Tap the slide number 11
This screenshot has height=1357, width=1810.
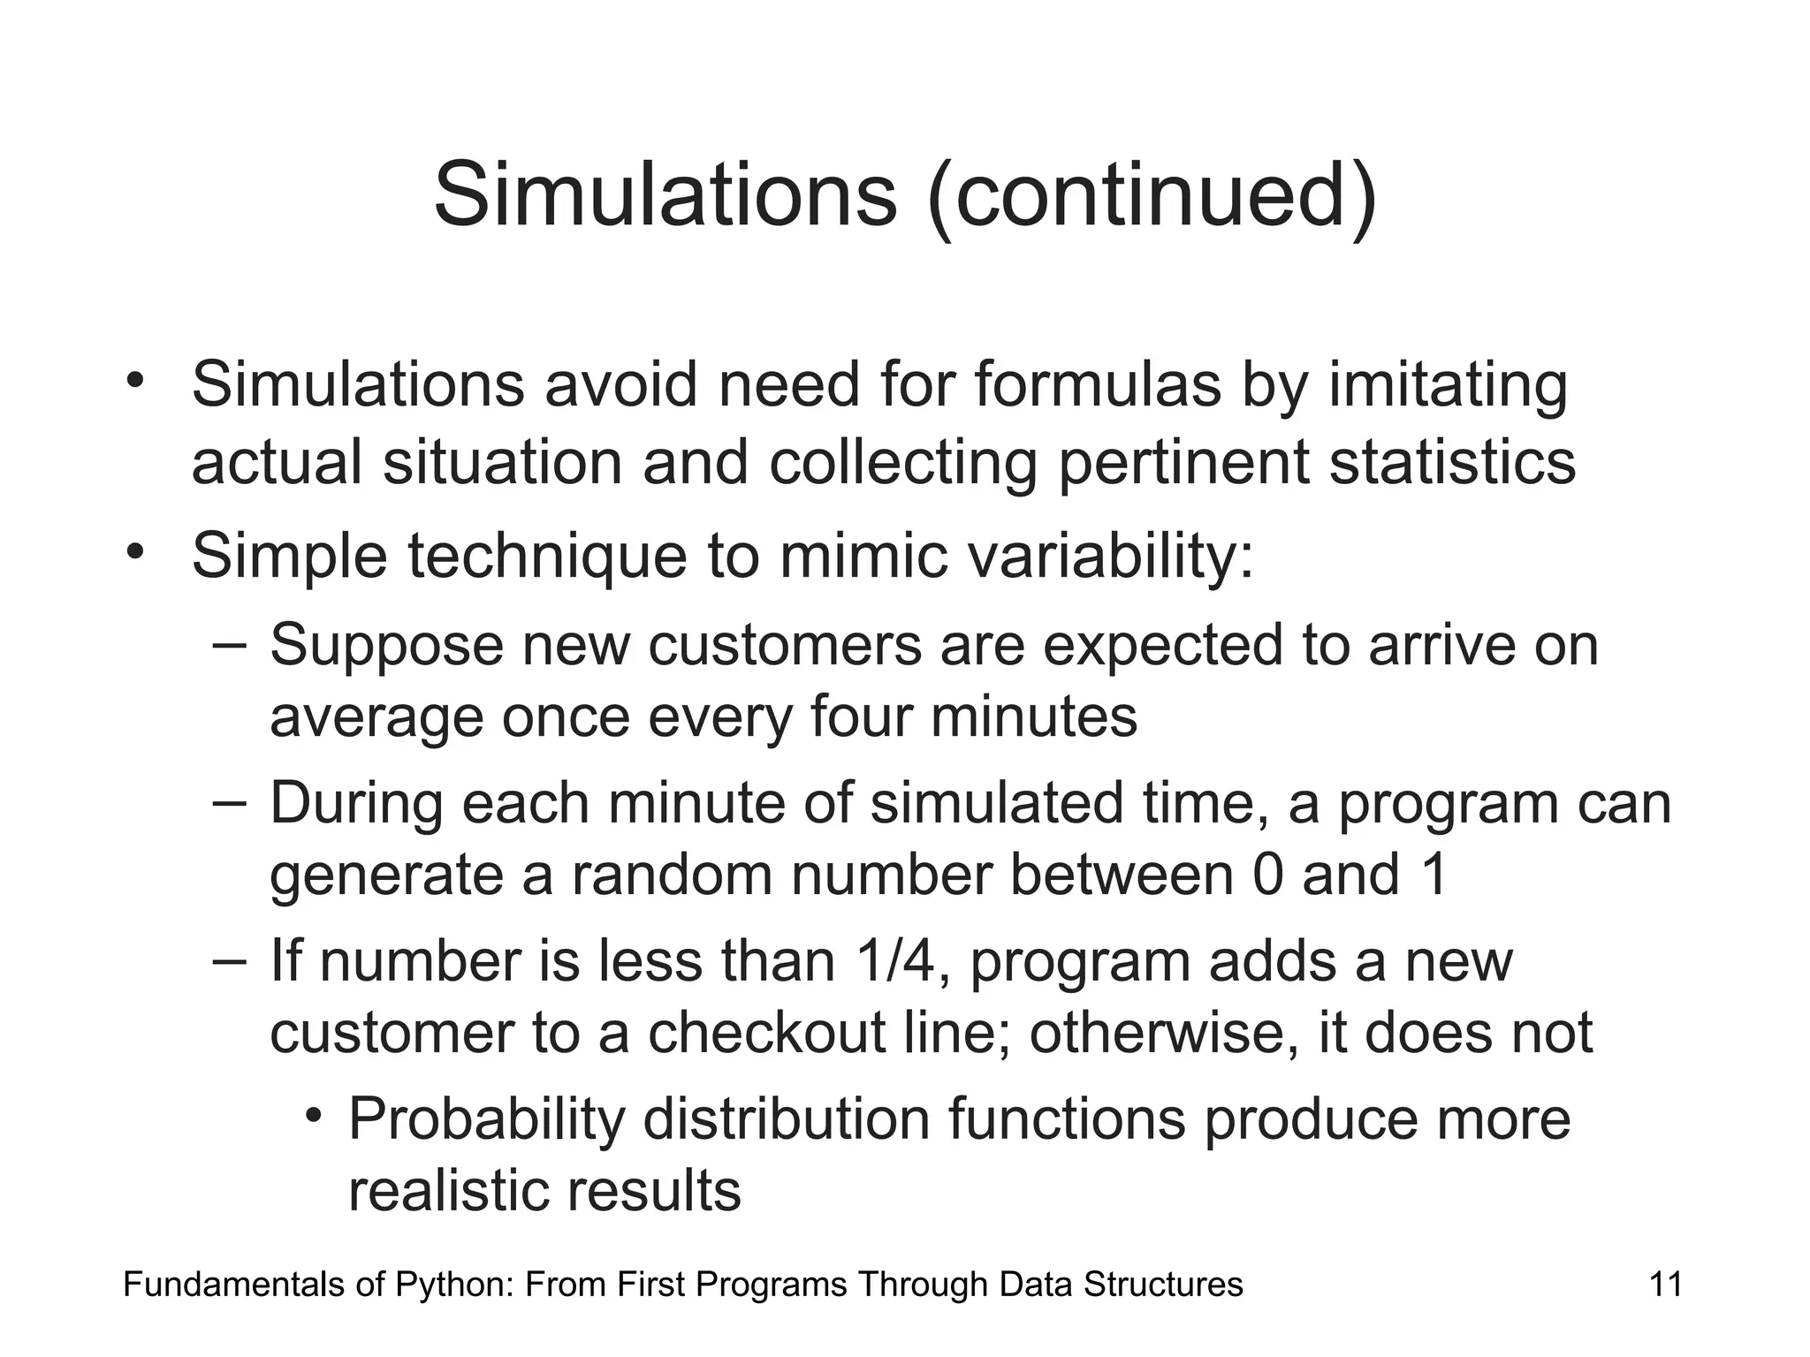click(x=1665, y=1284)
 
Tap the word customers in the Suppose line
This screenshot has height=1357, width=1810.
click(x=785, y=645)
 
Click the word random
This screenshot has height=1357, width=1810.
click(x=671, y=874)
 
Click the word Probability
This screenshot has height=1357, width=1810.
click(x=486, y=1119)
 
